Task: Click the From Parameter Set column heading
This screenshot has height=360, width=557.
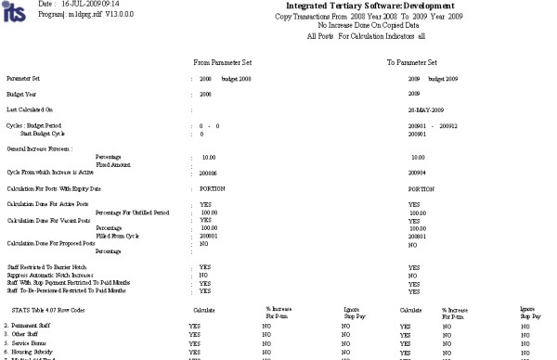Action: coord(223,62)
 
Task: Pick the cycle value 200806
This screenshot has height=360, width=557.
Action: coord(201,174)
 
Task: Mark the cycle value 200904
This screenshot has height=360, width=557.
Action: coord(420,173)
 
